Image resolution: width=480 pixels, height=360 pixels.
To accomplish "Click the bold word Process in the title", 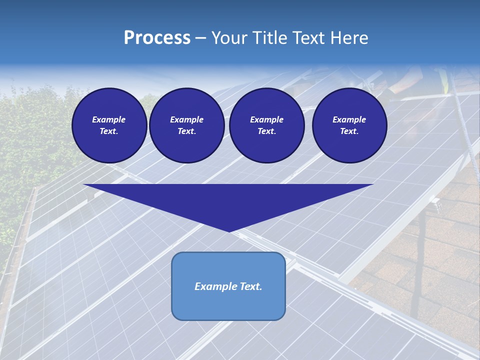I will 157,38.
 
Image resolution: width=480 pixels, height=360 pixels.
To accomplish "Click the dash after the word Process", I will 200,39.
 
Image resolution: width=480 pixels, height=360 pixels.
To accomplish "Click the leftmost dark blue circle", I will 109,125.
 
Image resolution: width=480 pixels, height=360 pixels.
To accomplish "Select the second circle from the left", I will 186,125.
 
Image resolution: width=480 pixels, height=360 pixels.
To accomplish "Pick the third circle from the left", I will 266,125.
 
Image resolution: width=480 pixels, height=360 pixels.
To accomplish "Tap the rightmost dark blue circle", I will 349,125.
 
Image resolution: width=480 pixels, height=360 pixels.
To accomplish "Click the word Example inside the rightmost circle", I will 349,119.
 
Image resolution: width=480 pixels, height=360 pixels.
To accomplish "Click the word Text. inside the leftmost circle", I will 109,131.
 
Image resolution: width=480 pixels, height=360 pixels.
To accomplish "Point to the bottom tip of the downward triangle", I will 229,230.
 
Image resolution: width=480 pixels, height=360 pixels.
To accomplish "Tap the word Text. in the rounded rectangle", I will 250,286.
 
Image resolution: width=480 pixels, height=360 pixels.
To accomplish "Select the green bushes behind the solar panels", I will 30,150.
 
